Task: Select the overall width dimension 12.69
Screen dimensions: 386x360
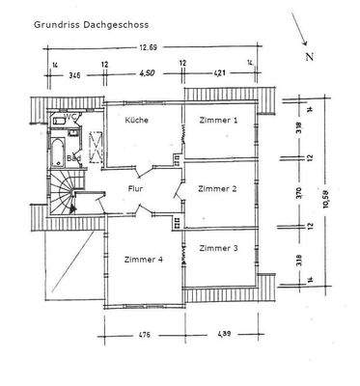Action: click(x=148, y=47)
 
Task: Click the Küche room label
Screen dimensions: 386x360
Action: click(x=136, y=121)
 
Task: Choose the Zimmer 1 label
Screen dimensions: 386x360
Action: click(x=218, y=121)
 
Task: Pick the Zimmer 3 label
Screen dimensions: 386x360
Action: click(x=217, y=249)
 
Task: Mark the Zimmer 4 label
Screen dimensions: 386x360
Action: click(x=142, y=258)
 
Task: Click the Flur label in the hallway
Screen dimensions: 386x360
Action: click(x=136, y=190)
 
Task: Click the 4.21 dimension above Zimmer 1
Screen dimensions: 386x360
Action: click(x=218, y=72)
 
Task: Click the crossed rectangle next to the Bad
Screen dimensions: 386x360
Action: click(x=94, y=147)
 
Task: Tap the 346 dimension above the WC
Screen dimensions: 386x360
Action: click(x=74, y=72)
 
